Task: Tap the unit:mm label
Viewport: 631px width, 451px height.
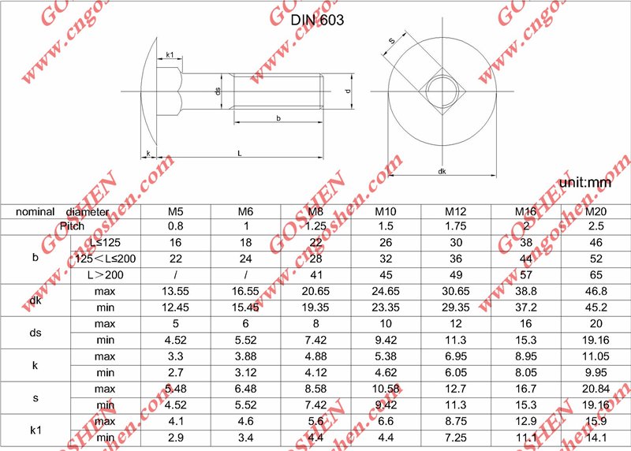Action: (585, 183)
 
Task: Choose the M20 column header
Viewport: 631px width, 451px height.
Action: (596, 212)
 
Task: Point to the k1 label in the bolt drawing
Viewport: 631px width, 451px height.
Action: (170, 55)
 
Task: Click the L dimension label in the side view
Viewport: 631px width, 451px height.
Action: (240, 153)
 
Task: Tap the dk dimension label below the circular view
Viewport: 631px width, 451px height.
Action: (442, 171)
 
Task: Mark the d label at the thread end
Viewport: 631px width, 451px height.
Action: (348, 91)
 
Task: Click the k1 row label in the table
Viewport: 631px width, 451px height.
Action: (35, 430)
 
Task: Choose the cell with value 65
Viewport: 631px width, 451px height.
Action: (596, 275)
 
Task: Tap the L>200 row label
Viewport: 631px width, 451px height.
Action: (105, 275)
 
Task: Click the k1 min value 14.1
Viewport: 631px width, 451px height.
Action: (596, 438)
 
